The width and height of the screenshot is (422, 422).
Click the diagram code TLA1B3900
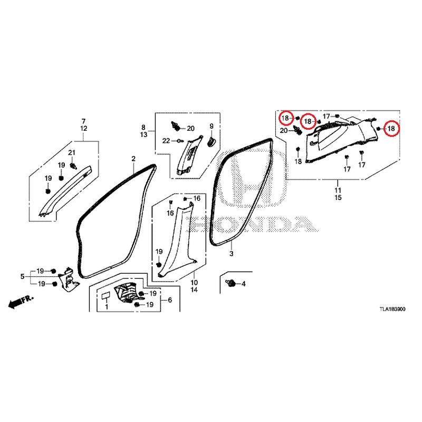[x=392, y=309]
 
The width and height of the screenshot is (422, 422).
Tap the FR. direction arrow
[x=21, y=302]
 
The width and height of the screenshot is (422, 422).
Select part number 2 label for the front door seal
[x=133, y=159]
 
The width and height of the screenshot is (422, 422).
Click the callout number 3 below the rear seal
[x=231, y=254]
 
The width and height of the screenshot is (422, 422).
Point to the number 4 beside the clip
[x=243, y=284]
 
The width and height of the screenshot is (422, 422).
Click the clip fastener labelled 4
[x=231, y=283]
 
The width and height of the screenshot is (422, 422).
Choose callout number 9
[x=212, y=126]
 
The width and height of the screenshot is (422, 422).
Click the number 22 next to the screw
[x=166, y=141]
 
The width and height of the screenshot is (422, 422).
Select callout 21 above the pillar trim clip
[x=71, y=152]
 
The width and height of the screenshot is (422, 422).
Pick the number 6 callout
[x=170, y=300]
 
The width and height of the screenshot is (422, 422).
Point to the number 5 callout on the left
[x=22, y=276]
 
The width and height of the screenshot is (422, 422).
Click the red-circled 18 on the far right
[x=391, y=129]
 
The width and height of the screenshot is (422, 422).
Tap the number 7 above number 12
[x=83, y=121]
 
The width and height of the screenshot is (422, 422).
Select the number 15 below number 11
[x=338, y=197]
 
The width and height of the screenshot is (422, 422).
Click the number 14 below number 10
[x=194, y=290]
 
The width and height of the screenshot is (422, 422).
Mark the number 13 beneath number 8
[x=143, y=135]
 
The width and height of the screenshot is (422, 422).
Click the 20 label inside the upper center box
[x=190, y=129]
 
